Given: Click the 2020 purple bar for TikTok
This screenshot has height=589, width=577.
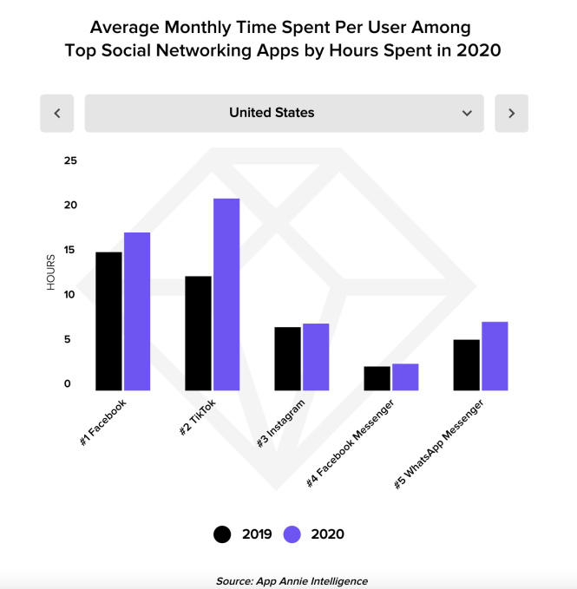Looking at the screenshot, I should (x=226, y=294).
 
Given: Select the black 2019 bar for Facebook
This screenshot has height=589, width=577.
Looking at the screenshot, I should (x=108, y=321).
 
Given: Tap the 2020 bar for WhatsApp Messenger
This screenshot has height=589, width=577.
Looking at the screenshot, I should (x=495, y=356).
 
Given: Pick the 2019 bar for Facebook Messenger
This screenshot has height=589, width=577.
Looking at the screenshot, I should (x=377, y=378).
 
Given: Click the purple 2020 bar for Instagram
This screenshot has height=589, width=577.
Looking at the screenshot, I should (x=315, y=357).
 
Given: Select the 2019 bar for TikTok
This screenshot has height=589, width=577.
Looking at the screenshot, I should (x=197, y=333).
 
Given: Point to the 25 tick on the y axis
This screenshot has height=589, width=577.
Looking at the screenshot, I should (x=70, y=160).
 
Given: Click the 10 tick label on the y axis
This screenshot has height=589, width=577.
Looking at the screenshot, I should (x=70, y=295).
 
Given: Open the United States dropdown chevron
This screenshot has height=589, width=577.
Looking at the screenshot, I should (x=467, y=113).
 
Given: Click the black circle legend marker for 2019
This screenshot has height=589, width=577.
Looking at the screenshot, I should (x=223, y=534).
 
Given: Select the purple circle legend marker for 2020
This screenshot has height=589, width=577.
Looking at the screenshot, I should (x=292, y=534).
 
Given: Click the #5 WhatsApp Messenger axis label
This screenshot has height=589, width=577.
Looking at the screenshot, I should (x=438, y=444).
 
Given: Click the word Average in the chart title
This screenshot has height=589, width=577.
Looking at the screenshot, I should (x=128, y=25).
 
